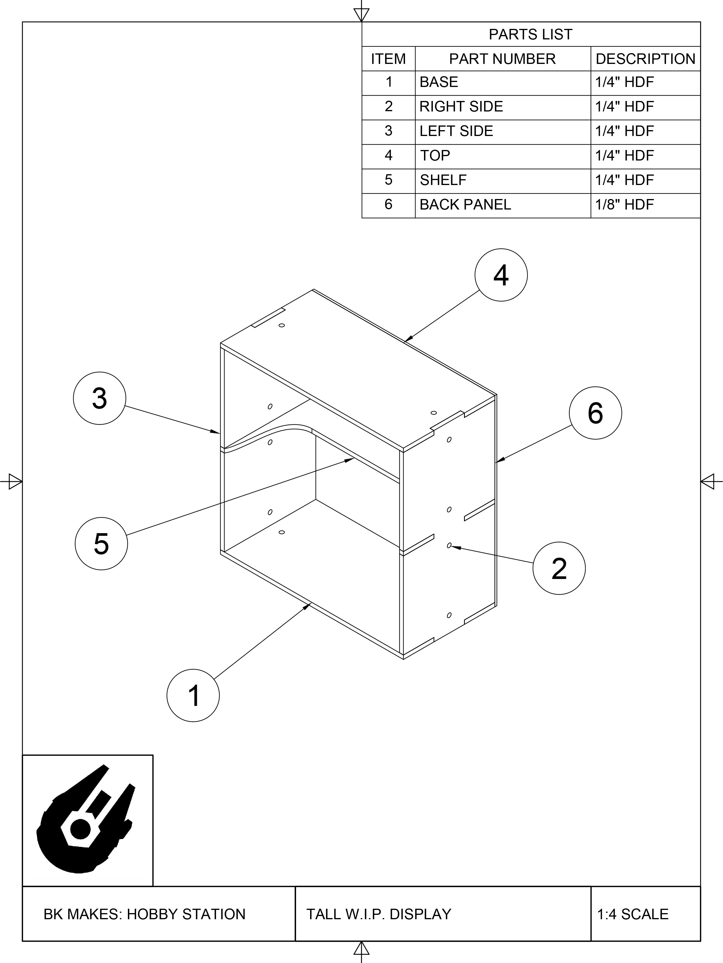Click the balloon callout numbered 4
[501, 275]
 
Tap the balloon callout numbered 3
[99, 398]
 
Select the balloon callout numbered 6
[595, 413]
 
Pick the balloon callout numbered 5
[101, 543]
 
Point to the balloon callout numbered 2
[559, 568]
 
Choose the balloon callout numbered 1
[193, 695]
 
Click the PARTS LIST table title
[531, 34]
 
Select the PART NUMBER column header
[502, 59]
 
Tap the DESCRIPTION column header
[645, 59]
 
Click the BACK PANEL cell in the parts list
[465, 205]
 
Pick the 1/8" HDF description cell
[625, 205]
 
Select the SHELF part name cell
[443, 180]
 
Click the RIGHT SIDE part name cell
[461, 107]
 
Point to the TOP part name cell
[435, 156]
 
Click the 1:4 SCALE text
[632, 914]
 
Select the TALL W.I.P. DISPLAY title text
[378, 914]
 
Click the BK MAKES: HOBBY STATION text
[145, 914]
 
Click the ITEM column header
[388, 59]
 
